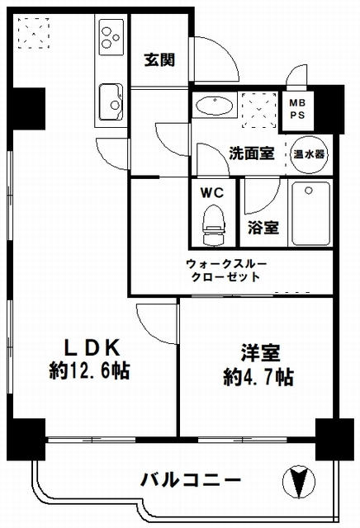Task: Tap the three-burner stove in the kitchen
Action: click(111, 37)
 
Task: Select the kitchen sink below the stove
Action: click(111, 101)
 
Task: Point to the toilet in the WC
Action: click(213, 225)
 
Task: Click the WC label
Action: click(212, 192)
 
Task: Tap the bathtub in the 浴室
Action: click(310, 214)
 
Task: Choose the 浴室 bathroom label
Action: click(263, 228)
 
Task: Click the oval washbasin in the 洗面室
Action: click(215, 106)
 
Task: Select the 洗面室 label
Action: click(252, 153)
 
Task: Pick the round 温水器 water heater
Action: click(309, 154)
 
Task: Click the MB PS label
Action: click(297, 109)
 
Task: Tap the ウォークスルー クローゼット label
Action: click(226, 271)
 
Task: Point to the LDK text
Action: click(92, 348)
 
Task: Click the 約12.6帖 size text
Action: click(90, 370)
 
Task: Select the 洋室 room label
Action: click(260, 353)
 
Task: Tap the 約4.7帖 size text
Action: click(258, 377)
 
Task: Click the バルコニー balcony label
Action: click(191, 480)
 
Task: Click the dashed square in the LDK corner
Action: click(34, 33)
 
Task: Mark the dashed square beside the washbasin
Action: click(259, 111)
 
